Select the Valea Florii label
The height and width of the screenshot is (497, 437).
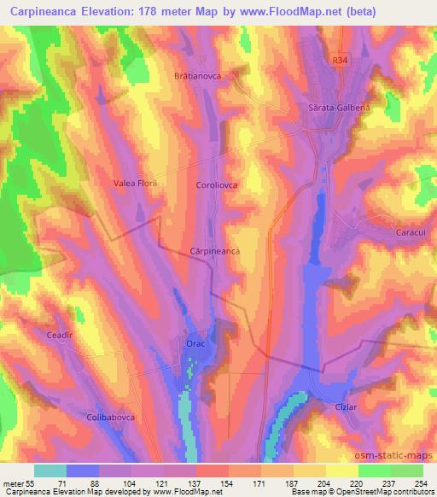click(137, 183)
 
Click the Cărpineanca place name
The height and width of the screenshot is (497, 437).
click(215, 252)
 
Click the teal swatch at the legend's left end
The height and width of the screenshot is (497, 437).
click(50, 470)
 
